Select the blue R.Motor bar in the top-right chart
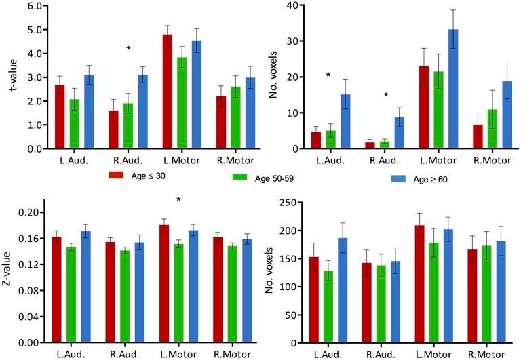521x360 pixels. tap(507, 115)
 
